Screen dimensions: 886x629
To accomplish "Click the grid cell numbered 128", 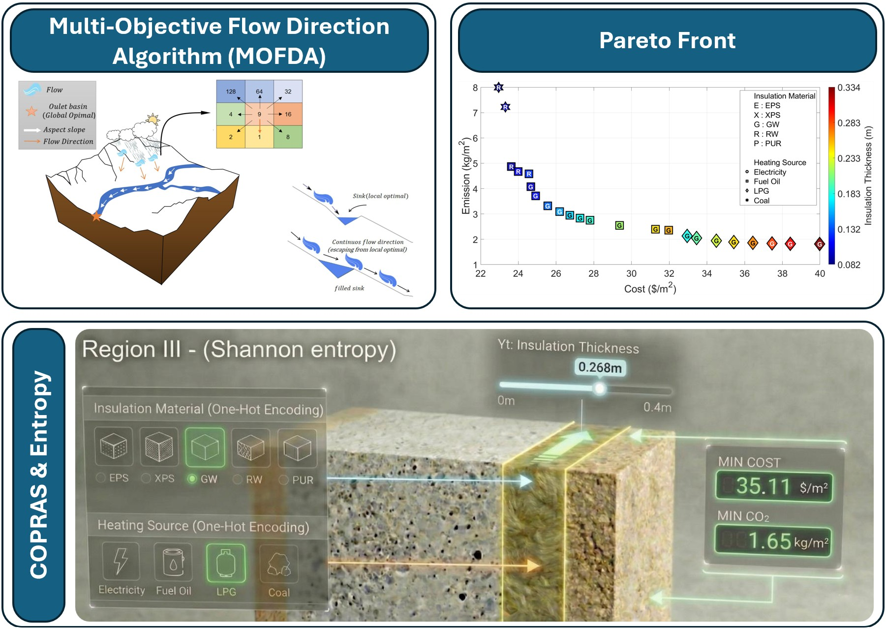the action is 231,91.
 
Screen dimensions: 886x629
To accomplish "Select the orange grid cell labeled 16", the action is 288,114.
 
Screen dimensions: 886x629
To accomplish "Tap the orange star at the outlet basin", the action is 96,216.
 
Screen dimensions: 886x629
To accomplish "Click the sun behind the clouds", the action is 153,119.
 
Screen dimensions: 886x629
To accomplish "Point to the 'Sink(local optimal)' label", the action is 380,196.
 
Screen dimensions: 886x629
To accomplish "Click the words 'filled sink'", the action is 349,288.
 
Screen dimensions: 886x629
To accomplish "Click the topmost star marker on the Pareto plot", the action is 498,88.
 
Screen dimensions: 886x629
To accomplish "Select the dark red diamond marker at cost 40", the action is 819,244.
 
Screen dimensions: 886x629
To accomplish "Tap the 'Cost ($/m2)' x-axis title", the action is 650,288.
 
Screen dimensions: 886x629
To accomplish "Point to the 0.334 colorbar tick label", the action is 849,88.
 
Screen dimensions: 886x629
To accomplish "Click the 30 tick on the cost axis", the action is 631,273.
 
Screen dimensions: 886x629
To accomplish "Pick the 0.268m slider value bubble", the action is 600,367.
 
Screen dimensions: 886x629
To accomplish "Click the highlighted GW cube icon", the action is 205,448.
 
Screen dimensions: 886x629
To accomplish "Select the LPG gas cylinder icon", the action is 226,563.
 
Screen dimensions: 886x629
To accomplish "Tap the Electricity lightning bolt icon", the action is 121,561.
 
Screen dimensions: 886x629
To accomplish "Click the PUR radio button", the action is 283,479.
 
